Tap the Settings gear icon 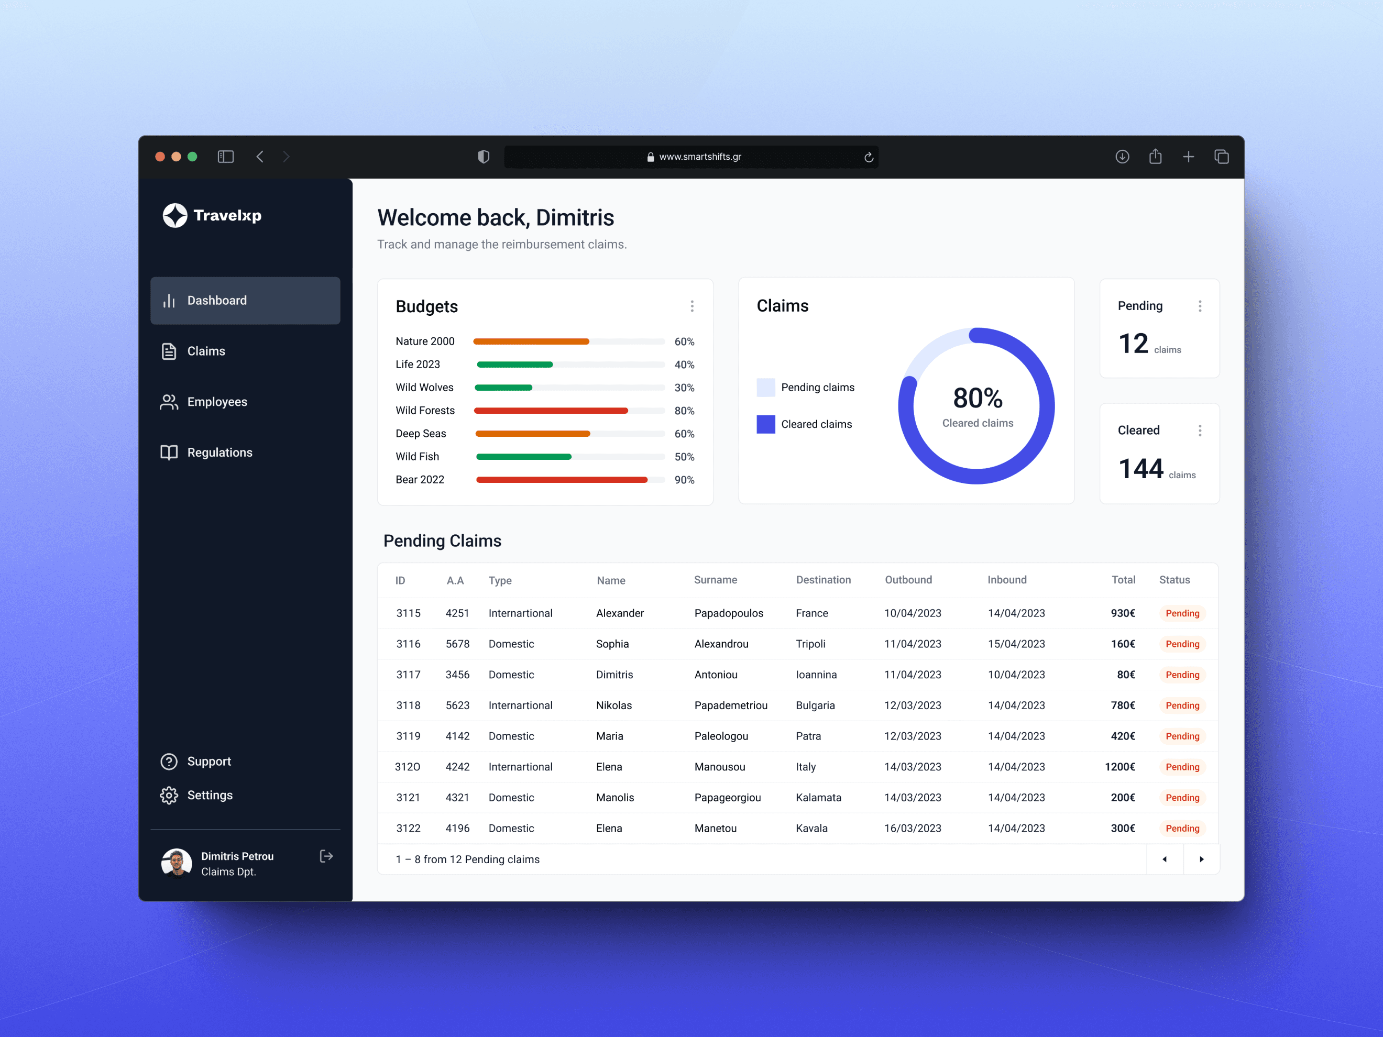tap(169, 795)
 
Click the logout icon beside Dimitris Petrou tap(326, 856)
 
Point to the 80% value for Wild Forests tap(684, 411)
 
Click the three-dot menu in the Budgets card tap(692, 306)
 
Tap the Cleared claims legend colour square tap(766, 424)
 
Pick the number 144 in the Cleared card tap(1140, 469)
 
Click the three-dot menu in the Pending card tap(1200, 306)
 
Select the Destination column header tap(824, 580)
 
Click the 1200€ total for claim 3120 tap(1120, 767)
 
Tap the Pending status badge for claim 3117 tap(1182, 675)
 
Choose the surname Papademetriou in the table tap(731, 705)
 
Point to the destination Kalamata tap(818, 798)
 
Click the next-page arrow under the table tap(1201, 859)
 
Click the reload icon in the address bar tap(869, 158)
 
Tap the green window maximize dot tap(193, 157)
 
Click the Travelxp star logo tap(175, 216)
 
